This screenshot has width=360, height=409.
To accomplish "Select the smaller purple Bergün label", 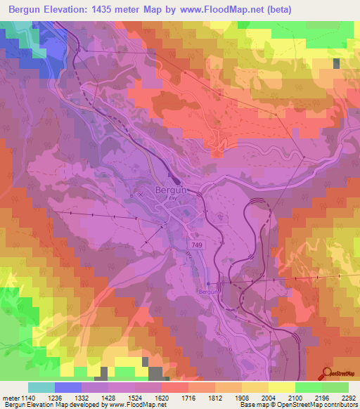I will click(206, 291).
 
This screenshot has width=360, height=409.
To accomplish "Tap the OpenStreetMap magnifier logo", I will click(328, 372).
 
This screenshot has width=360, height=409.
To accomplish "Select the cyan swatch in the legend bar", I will click(41, 387).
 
